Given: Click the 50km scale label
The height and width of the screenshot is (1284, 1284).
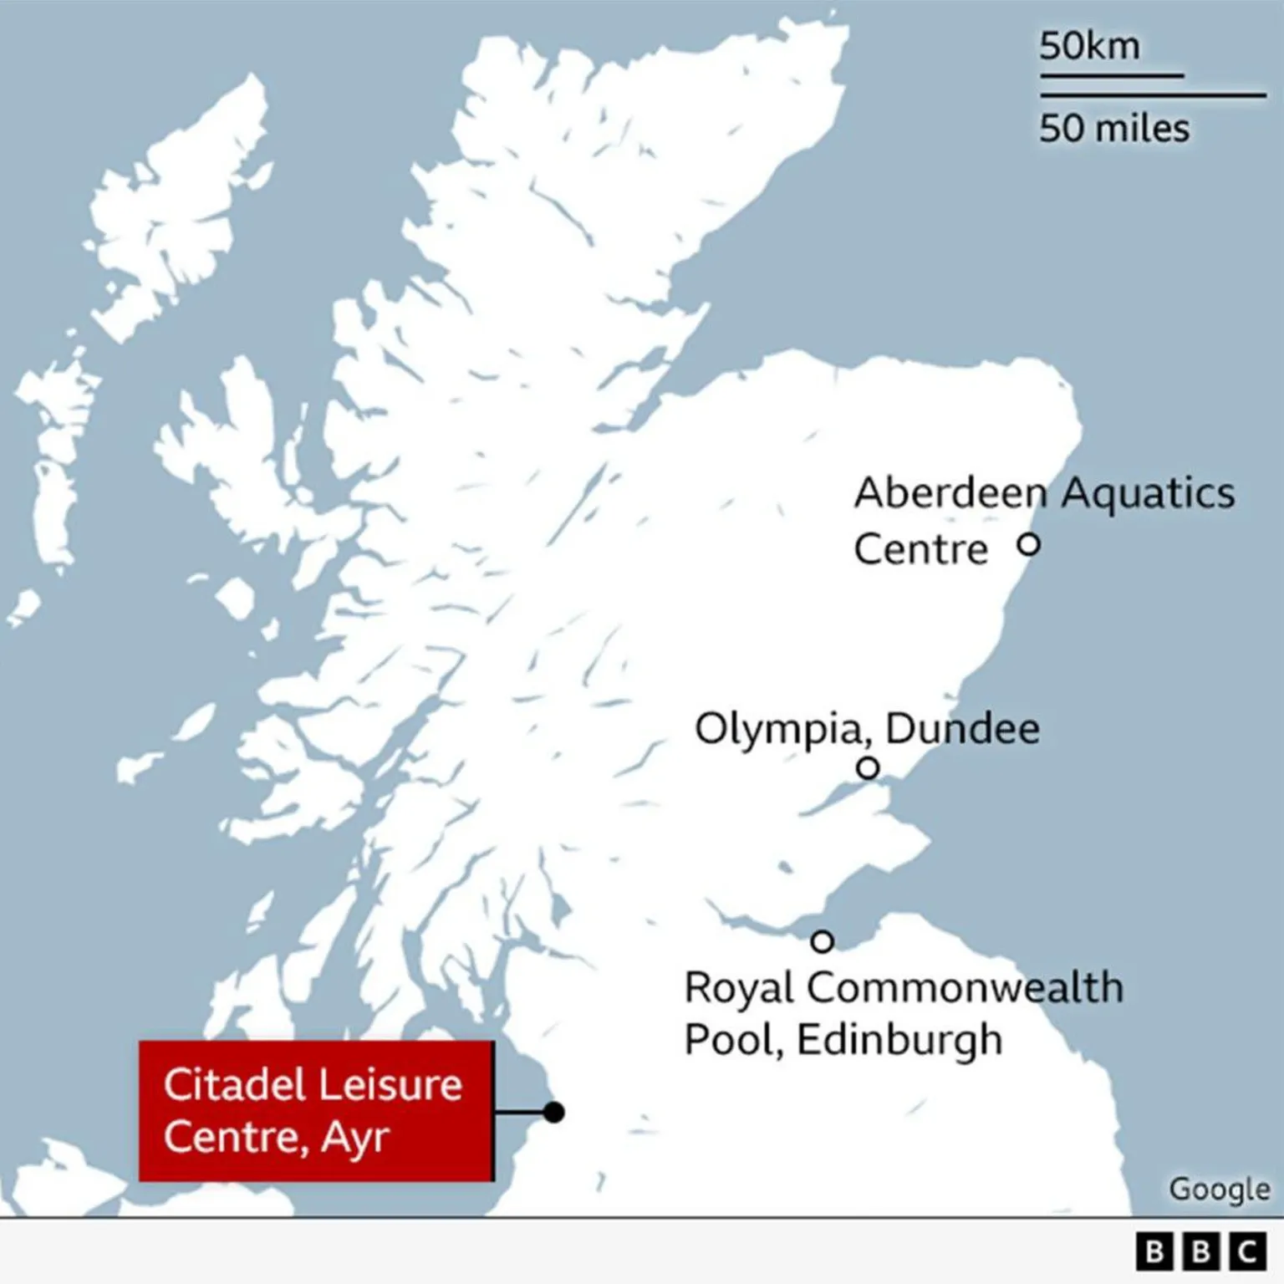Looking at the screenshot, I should [1089, 47].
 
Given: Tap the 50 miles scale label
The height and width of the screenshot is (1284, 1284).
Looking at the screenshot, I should [1113, 129].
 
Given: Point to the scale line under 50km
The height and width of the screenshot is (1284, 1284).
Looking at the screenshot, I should [1112, 75].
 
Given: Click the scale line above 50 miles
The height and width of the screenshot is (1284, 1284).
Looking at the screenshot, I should [1153, 95].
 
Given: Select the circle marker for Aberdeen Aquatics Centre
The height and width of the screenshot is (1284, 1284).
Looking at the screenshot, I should [1028, 545].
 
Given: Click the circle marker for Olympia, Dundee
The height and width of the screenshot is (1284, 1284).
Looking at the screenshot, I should [868, 767].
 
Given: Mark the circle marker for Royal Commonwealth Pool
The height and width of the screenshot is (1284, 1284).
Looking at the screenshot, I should [823, 942].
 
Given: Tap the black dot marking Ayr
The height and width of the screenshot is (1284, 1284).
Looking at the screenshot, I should [553, 1112].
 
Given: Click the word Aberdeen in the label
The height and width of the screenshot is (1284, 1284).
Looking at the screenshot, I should [950, 493].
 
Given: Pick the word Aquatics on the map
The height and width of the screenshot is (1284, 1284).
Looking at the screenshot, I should [1149, 493].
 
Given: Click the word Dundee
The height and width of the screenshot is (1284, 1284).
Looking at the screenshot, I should [962, 729].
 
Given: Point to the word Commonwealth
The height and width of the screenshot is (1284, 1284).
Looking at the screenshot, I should [965, 988].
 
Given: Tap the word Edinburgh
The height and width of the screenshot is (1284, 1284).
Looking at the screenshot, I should [899, 1041].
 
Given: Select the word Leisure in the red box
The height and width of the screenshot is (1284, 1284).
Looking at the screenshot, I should [390, 1085].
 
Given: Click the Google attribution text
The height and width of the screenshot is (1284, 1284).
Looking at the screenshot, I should [1219, 1189].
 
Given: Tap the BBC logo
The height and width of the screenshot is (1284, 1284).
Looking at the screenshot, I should [1200, 1251].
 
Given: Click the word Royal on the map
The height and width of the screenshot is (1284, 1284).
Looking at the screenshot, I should [739, 988].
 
